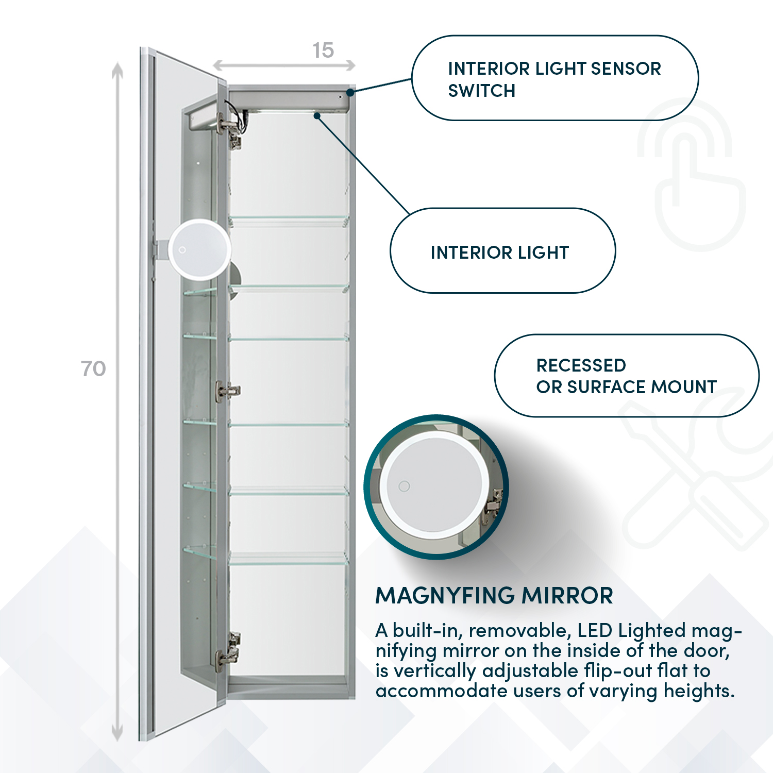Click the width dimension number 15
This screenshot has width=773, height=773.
point(323,51)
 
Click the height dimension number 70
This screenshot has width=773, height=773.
point(93,369)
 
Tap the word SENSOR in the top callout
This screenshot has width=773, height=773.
point(626,69)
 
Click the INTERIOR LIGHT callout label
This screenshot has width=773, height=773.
point(499,253)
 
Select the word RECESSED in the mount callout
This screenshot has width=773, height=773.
point(581,365)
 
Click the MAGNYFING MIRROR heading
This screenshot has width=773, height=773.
point(494,596)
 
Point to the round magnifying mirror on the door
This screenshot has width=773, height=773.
point(199,250)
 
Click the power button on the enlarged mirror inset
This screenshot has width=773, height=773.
point(404,486)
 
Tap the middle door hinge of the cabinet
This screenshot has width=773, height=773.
point(227,391)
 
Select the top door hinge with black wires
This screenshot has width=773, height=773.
point(231,129)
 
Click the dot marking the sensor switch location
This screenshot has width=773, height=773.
point(350,92)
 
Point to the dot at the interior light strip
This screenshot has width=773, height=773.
point(317,116)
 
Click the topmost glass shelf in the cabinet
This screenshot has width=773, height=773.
point(289,219)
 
